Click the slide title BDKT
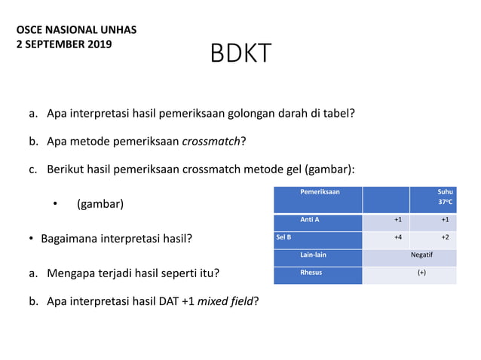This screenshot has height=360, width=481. click(x=240, y=54)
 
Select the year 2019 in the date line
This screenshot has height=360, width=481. click(x=99, y=44)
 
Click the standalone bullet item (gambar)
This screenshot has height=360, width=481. click(x=100, y=204)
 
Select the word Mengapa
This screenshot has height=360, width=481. click(x=73, y=273)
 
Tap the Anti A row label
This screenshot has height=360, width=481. click(x=310, y=220)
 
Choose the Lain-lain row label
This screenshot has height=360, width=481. click(x=313, y=255)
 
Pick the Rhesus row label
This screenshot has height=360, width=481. click(x=311, y=273)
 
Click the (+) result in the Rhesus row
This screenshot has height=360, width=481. click(x=421, y=273)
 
